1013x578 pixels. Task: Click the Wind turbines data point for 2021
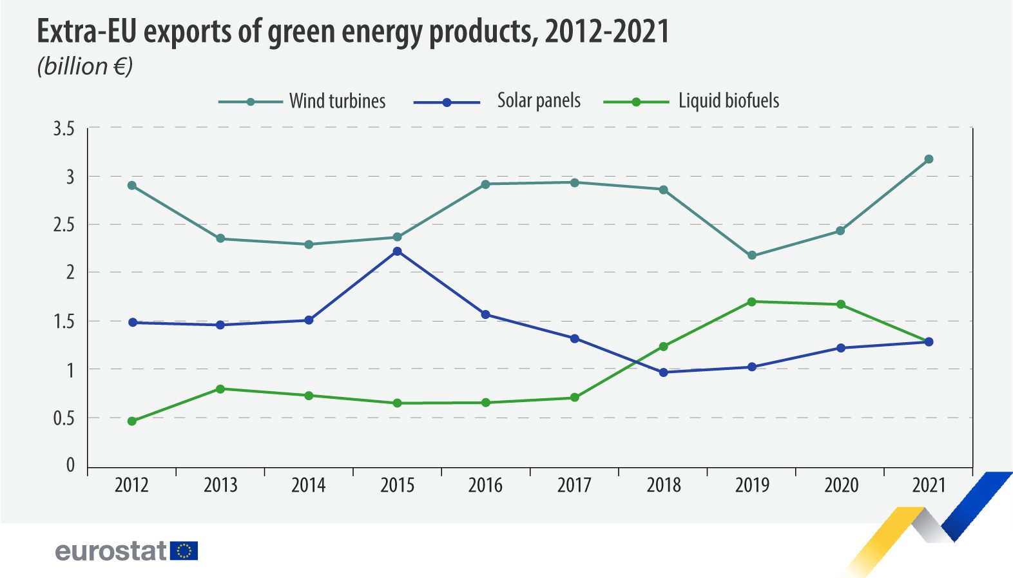929,159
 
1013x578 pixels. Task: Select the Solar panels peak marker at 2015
397,251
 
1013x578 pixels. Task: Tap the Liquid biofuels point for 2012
132,421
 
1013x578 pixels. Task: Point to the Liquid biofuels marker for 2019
751,302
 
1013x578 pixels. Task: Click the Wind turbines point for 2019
751,256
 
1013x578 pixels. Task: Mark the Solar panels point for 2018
663,372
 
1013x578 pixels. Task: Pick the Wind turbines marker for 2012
132,186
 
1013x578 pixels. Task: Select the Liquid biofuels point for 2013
220,389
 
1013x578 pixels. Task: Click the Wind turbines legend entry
337,101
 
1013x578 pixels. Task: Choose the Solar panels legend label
539,101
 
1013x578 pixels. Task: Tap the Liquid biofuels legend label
728,101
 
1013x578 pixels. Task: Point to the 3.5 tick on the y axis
64,129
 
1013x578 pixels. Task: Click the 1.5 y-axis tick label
64,322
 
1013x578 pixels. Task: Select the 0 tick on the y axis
70,465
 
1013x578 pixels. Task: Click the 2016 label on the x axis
485,485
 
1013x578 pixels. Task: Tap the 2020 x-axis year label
841,485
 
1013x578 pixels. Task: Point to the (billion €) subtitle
85,66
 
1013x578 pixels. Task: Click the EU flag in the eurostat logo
184,551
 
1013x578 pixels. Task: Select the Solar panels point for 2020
840,348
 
